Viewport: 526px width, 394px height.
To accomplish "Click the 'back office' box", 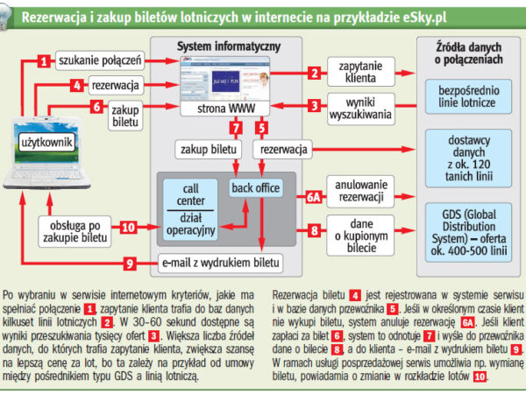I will (x=254, y=188).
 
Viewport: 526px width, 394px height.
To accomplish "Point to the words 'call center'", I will (x=190, y=193).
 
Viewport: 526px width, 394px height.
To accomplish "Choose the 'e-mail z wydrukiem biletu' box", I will (x=221, y=262).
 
